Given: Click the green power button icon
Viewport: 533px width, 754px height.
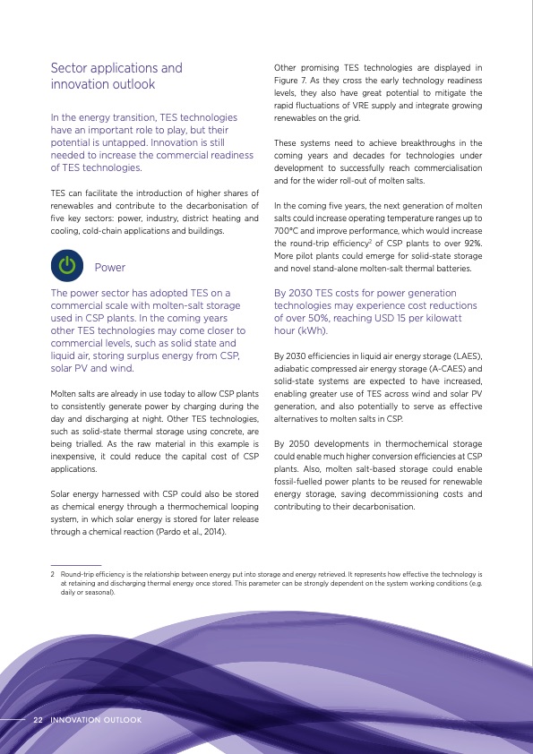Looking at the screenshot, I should coord(67,266).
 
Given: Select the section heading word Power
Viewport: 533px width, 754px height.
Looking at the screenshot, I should coord(110,267).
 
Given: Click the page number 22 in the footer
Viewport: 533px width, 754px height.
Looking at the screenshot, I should coord(39,719).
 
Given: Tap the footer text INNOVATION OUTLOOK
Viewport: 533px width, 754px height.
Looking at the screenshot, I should coord(96,719).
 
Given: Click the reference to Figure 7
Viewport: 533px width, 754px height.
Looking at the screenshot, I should coord(293,80).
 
